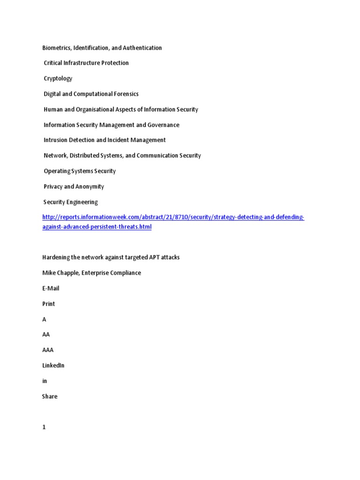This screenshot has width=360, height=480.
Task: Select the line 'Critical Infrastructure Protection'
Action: point(86,63)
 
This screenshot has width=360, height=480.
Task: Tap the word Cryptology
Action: point(58,78)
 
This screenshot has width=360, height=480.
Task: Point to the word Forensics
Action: point(125,94)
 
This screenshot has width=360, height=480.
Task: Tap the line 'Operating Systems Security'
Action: point(80,171)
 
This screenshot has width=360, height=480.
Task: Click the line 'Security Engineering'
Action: point(71,202)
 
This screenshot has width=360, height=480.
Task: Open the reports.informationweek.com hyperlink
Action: point(173,218)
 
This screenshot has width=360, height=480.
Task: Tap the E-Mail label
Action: point(51,288)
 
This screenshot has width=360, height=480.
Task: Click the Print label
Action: point(49,304)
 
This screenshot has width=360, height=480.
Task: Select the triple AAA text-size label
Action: point(48,350)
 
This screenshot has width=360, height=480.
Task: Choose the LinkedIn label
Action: point(53,365)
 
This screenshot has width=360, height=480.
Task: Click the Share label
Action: point(50,396)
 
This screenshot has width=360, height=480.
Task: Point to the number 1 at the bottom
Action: point(44,427)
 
